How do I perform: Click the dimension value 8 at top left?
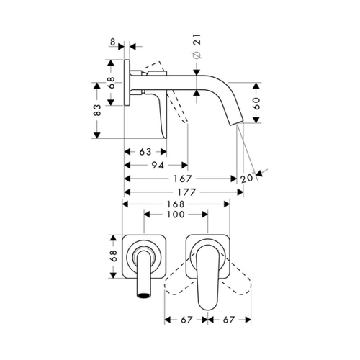[112, 42]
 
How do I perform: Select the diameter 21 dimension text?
[197, 46]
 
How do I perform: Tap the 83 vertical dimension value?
[97, 110]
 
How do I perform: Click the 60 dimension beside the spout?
[257, 104]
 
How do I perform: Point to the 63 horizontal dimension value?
[145, 152]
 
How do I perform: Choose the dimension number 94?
[158, 165]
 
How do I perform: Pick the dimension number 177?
[186, 192]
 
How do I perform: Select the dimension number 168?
[176, 204]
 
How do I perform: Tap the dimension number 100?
[176, 215]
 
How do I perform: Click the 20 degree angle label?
[247, 178]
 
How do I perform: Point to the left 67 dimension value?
[186, 320]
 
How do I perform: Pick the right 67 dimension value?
[228, 320]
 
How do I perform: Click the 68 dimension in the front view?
[113, 256]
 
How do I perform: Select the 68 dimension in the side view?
[111, 83]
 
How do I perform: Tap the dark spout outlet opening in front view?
[144, 295]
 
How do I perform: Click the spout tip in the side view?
[236, 122]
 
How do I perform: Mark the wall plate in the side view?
[127, 82]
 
